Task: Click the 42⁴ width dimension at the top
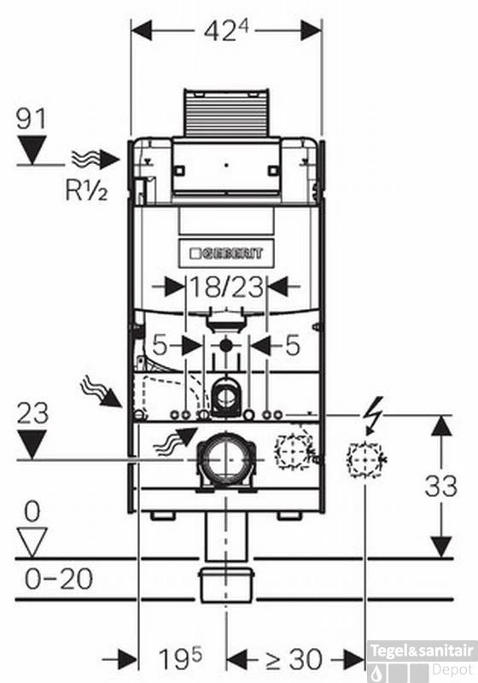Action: [226, 30]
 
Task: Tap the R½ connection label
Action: [85, 190]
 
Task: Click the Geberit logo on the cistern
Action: [226, 253]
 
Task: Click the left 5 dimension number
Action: [159, 345]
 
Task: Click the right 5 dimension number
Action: [292, 345]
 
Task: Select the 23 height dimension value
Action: [33, 414]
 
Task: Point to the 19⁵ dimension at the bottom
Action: [180, 659]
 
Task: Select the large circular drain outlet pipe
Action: [226, 461]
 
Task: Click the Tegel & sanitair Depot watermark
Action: [422, 657]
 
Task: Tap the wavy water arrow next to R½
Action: [95, 159]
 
